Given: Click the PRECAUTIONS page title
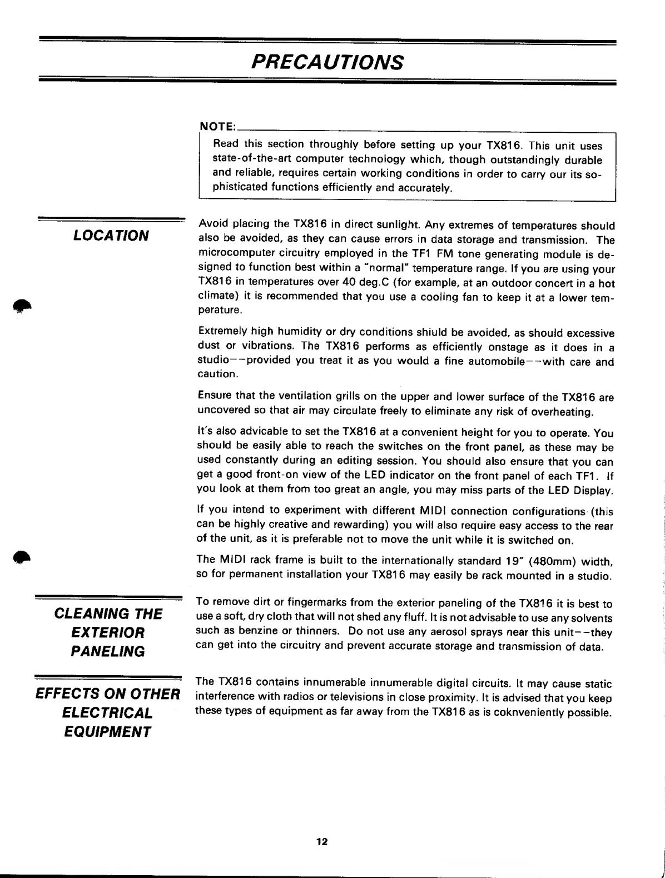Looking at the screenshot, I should coord(327,62).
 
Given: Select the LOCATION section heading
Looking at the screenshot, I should coord(111,236).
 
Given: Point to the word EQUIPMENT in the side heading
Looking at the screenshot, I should coord(107,731).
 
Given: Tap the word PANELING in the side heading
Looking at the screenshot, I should coord(107,652).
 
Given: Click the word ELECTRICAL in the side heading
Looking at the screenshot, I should coord(107,712).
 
